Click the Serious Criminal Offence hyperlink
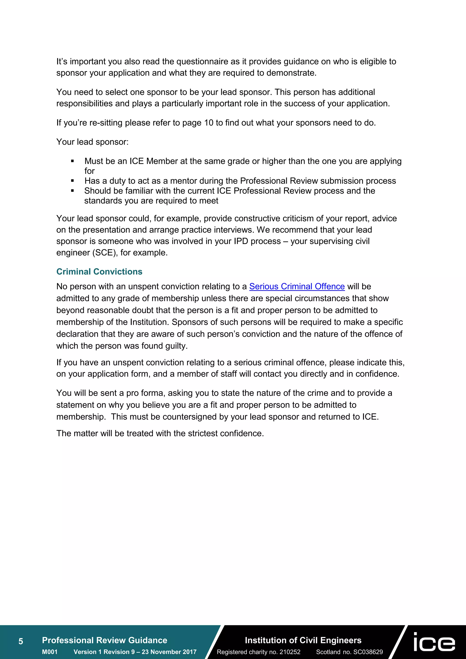tap(297, 286)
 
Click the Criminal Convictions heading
tap(99, 271)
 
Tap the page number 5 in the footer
tap(21, 641)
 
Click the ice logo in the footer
tap(434, 642)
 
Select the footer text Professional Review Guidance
tap(104, 640)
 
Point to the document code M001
tap(50, 652)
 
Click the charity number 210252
tap(290, 652)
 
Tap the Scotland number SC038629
tap(368, 652)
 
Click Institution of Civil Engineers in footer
tap(303, 640)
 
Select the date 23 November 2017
tap(169, 652)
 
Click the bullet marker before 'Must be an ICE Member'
tap(72, 161)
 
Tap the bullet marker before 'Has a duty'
tap(72, 181)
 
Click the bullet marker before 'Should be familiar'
tap(72, 191)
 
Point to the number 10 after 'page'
tap(209, 123)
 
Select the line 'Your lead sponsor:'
tap(92, 142)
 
